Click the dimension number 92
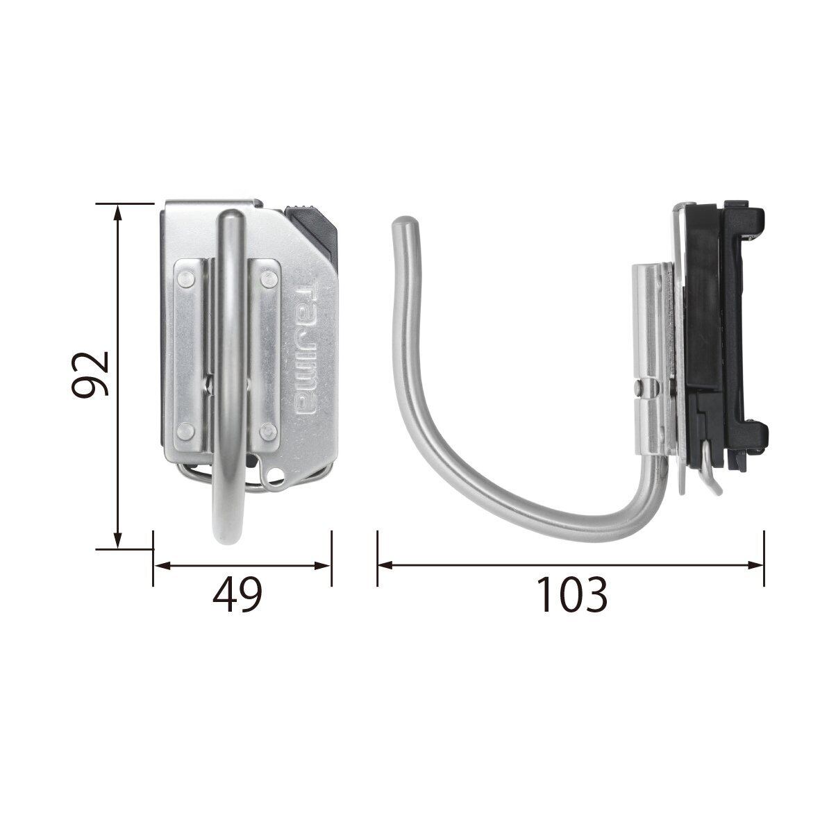(90, 374)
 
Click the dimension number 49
(237, 594)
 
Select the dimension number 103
(572, 594)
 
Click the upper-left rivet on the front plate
(185, 278)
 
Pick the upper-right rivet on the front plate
(269, 278)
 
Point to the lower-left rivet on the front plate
(185, 431)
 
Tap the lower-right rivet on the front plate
(269, 431)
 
